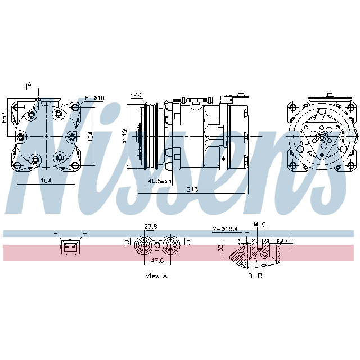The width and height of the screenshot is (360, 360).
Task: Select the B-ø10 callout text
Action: [95, 98]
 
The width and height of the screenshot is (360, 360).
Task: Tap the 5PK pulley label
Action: [136, 95]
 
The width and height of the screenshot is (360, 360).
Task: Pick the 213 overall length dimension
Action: [192, 190]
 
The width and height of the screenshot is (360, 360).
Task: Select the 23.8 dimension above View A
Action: [150, 227]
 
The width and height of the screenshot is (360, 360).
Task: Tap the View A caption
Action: [156, 276]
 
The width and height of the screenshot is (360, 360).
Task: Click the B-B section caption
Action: [255, 276]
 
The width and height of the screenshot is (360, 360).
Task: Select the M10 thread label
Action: [259, 225]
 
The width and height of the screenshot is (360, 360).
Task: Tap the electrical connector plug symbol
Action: [70, 246]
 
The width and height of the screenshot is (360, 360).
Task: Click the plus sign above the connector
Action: [85, 233]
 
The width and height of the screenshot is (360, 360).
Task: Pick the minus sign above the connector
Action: [56, 233]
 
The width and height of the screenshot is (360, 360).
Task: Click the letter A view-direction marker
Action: [29, 84]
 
